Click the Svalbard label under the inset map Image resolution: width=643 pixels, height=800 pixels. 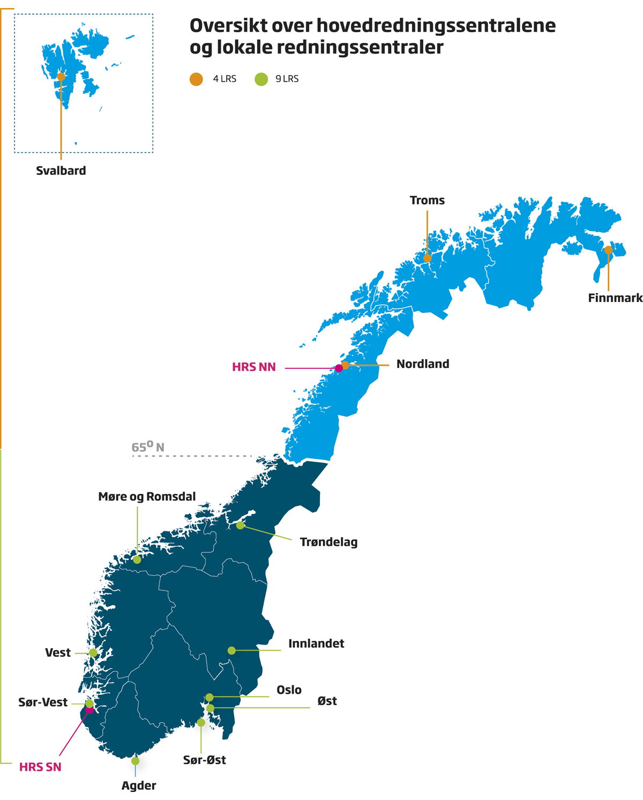61,171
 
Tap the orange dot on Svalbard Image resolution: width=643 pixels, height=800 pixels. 61,77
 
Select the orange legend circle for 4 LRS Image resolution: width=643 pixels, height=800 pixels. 196,79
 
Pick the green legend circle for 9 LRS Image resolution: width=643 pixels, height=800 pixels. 261,79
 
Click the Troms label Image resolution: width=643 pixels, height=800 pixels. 427,201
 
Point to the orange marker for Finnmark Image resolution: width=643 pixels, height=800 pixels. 608,250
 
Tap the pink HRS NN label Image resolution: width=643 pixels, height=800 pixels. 253,367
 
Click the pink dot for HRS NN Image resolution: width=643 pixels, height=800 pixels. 339,368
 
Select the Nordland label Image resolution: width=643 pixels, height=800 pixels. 422,364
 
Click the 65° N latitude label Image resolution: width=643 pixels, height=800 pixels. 147,447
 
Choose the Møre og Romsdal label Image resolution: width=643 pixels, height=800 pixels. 147,497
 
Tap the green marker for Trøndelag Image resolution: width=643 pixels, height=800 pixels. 240,525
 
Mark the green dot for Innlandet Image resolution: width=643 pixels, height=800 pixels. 231,650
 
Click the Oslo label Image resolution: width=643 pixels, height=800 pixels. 289,690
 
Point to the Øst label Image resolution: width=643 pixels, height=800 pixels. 327,701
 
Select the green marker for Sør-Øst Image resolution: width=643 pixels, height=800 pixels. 201,723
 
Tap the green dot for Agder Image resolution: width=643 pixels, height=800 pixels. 135,761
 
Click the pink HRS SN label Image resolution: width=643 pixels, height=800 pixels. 40,767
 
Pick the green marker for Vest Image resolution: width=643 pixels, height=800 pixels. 93,653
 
